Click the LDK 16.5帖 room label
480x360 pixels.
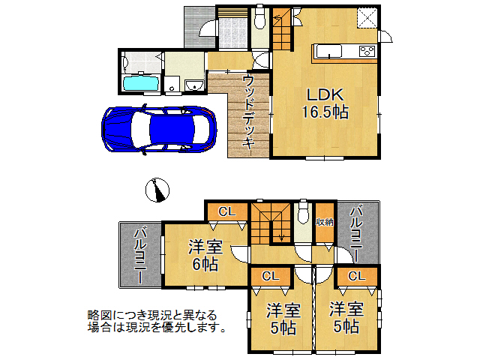click(x=325, y=103)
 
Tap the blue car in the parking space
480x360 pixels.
click(x=160, y=127)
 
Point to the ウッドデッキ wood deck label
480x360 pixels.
click(x=248, y=112)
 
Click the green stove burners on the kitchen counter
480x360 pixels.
click(x=367, y=51)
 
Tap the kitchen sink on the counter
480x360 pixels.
click(x=330, y=51)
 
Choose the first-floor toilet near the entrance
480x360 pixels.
click(x=259, y=16)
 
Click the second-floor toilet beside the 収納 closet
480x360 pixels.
click(x=304, y=213)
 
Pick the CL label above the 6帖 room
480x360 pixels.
click(x=226, y=212)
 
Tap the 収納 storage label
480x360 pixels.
click(x=324, y=222)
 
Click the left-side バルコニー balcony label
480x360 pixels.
click(x=140, y=255)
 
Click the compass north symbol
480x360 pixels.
click(x=157, y=190)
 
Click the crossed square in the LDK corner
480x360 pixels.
click(x=367, y=19)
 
